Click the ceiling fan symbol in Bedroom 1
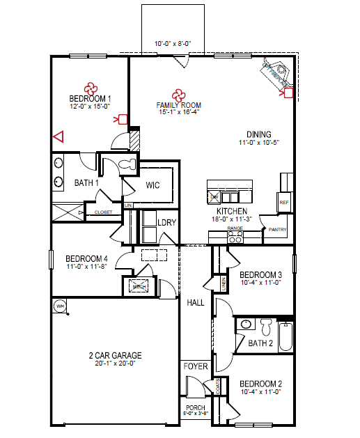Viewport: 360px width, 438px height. [x=91, y=88]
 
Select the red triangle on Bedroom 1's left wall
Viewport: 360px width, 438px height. [x=58, y=137]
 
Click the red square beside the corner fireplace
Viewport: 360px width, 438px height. [x=289, y=91]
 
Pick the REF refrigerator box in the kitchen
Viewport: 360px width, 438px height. [x=283, y=202]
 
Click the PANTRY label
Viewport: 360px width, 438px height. [x=277, y=228]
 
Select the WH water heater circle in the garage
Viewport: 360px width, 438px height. [x=59, y=306]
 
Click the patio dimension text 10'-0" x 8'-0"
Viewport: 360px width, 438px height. [x=173, y=44]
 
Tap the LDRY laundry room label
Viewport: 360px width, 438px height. [x=166, y=222]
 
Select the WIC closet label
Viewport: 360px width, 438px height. [x=154, y=186]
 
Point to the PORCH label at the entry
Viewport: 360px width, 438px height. [x=195, y=408]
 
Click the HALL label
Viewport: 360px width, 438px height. [x=195, y=302]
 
